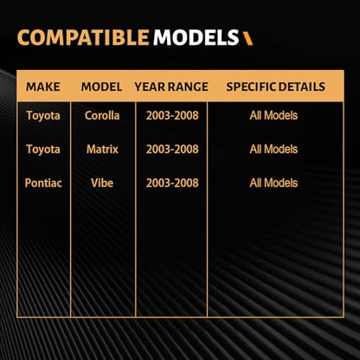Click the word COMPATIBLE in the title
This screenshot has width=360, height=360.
click(x=83, y=37)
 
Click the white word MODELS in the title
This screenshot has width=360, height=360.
click(x=196, y=37)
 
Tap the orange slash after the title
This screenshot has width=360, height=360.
click(x=247, y=38)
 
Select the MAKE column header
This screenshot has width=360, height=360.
click(x=43, y=87)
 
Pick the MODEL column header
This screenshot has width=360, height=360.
click(x=101, y=87)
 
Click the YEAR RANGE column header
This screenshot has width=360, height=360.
click(x=171, y=87)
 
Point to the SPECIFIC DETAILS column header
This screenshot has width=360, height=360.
click(x=276, y=87)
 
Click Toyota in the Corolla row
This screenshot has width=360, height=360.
click(x=43, y=116)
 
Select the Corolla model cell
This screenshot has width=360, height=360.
click(x=102, y=115)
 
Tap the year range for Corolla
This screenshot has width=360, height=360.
click(x=172, y=116)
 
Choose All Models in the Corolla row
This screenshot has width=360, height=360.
click(x=273, y=116)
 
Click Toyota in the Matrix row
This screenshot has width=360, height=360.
click(x=43, y=150)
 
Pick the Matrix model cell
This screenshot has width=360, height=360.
click(x=102, y=149)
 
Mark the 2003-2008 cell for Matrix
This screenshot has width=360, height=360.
click(x=172, y=150)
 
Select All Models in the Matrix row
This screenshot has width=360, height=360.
click(x=273, y=150)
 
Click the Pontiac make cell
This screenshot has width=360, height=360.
click(x=43, y=183)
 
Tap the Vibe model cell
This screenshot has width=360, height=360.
click(x=102, y=183)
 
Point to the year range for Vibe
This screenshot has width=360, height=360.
click(x=172, y=183)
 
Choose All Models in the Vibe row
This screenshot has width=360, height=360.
click(x=273, y=183)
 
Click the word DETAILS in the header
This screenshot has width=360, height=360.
click(x=300, y=87)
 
